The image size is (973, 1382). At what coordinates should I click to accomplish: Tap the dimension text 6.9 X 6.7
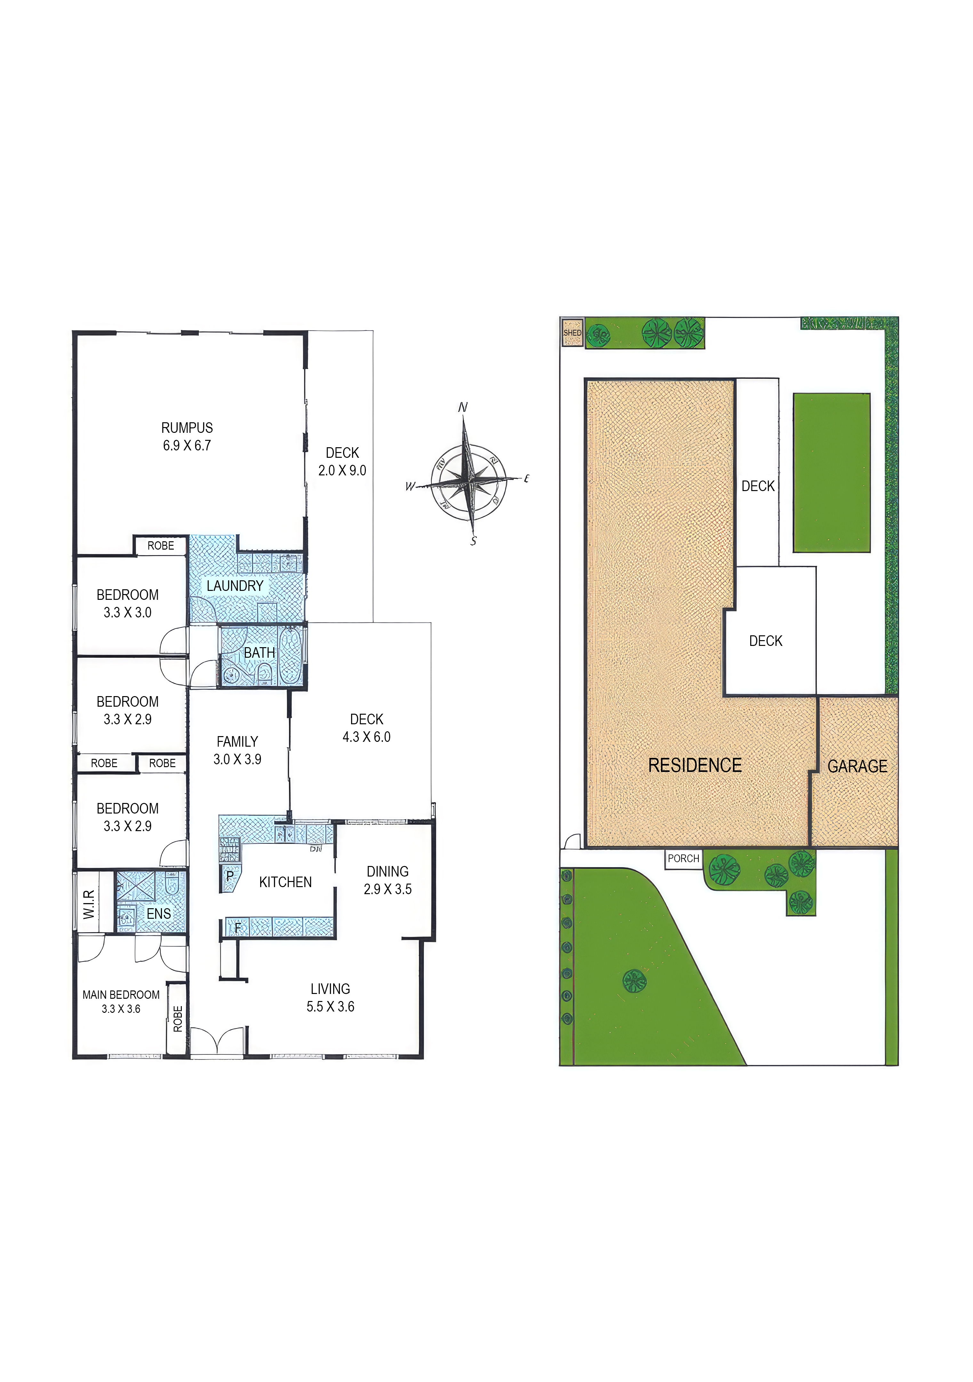point(187,445)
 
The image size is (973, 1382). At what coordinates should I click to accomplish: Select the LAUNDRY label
point(235,586)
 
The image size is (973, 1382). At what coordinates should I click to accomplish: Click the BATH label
point(260,653)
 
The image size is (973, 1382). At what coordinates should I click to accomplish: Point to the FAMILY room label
point(237,742)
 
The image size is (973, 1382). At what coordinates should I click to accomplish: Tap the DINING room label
point(388,871)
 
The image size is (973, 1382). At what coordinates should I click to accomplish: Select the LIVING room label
point(330,989)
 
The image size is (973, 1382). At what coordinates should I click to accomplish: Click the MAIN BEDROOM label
point(121,995)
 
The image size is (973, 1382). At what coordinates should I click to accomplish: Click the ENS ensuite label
point(159,914)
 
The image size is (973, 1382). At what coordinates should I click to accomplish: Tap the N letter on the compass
point(462,408)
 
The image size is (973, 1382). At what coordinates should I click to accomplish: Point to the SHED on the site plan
point(573,333)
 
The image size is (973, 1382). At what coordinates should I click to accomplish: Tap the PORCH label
point(683,858)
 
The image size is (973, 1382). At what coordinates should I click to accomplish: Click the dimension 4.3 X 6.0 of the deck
point(367,737)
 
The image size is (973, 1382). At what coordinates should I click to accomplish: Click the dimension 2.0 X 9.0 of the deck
point(342,471)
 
